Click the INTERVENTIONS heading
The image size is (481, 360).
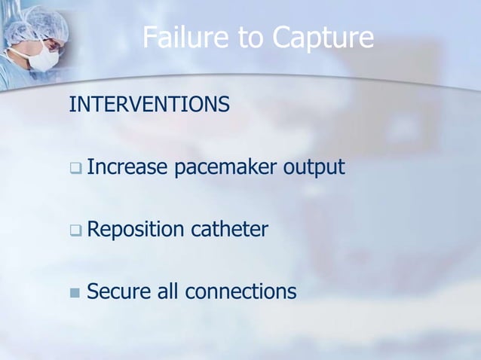click(x=149, y=105)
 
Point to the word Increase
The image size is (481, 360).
click(x=127, y=166)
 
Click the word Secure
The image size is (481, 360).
click(x=114, y=291)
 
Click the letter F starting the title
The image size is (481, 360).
click(x=150, y=37)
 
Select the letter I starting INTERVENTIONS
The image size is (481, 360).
click(x=72, y=105)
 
